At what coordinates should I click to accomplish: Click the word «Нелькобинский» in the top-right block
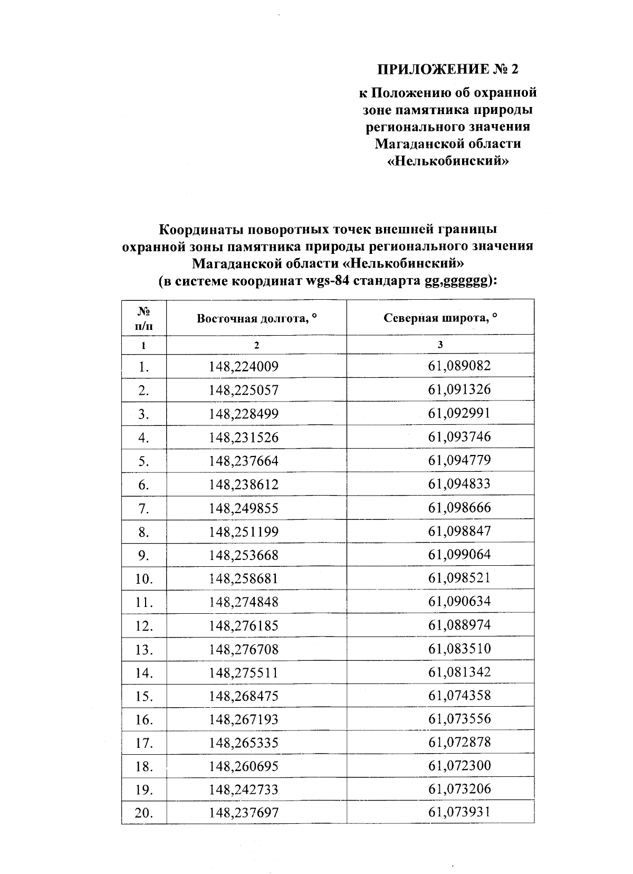(x=448, y=161)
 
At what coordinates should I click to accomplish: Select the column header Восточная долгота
(x=256, y=318)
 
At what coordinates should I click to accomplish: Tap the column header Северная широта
(x=440, y=318)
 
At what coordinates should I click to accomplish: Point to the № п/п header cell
(x=143, y=318)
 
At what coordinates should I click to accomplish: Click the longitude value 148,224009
(x=243, y=366)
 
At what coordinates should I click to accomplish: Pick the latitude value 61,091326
(x=459, y=389)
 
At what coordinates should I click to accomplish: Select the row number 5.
(x=143, y=461)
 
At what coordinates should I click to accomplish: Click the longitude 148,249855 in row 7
(x=243, y=508)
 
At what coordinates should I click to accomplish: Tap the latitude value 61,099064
(x=459, y=554)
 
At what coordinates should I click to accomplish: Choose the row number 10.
(x=143, y=579)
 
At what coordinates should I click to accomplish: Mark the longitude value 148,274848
(x=243, y=602)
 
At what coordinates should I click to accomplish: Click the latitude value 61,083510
(x=459, y=648)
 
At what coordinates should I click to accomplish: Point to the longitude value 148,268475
(x=243, y=696)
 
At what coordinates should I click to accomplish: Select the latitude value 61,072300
(x=459, y=765)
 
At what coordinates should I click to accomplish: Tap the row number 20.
(x=143, y=813)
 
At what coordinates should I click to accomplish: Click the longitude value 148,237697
(x=243, y=813)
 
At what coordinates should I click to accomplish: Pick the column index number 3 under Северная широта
(x=440, y=345)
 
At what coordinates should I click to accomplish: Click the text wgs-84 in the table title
(x=327, y=281)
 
